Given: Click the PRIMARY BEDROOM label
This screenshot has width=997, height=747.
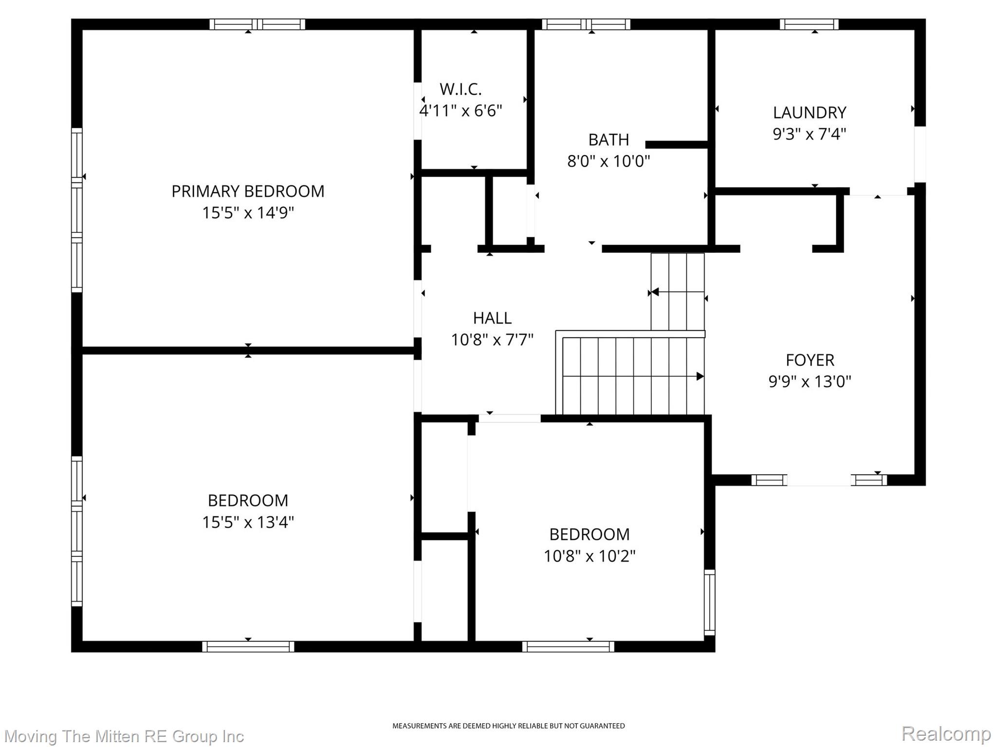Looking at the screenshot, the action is [x=248, y=191].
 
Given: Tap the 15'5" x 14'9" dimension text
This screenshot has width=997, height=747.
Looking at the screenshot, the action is [x=248, y=213].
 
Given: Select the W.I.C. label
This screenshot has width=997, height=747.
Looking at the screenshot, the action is [x=461, y=89].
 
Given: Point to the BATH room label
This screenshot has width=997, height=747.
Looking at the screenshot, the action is [x=609, y=140].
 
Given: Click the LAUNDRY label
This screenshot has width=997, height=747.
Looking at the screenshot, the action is [x=810, y=112].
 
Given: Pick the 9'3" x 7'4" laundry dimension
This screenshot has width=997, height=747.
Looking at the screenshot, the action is [x=810, y=134].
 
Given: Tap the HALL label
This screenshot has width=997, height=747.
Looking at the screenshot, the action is [x=492, y=318].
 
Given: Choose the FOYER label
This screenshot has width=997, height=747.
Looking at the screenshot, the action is [x=810, y=360].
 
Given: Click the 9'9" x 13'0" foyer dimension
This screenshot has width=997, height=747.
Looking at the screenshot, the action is [x=810, y=381].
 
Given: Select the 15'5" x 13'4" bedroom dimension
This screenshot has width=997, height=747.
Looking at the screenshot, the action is [x=248, y=522].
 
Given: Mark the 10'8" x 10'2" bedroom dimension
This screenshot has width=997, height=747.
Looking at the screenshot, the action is [x=590, y=555].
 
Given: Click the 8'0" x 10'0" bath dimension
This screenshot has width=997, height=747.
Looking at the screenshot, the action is [x=609, y=161].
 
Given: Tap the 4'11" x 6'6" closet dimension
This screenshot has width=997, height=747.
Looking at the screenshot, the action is [x=461, y=110].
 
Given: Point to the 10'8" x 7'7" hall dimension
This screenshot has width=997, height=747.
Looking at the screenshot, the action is [x=492, y=339].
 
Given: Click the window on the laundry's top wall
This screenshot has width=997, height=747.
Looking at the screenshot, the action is [x=809, y=24].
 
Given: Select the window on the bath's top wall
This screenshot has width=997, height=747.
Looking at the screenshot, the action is [x=586, y=24].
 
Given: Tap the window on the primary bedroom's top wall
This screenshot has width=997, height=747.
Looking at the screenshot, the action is [x=258, y=24].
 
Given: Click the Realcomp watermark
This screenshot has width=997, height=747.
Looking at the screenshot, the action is [x=946, y=733].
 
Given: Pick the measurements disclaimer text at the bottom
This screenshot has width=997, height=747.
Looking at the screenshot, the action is [x=509, y=726].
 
